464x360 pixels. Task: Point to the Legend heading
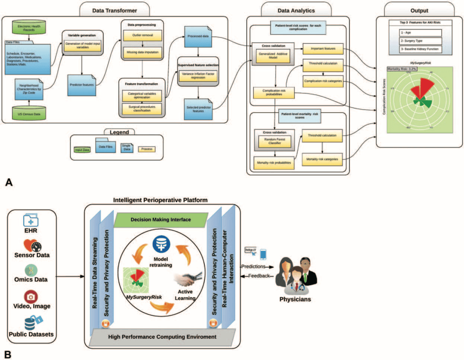pyautogui.click(x=118, y=133)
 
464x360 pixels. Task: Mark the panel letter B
pyautogui.click(x=8, y=354)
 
